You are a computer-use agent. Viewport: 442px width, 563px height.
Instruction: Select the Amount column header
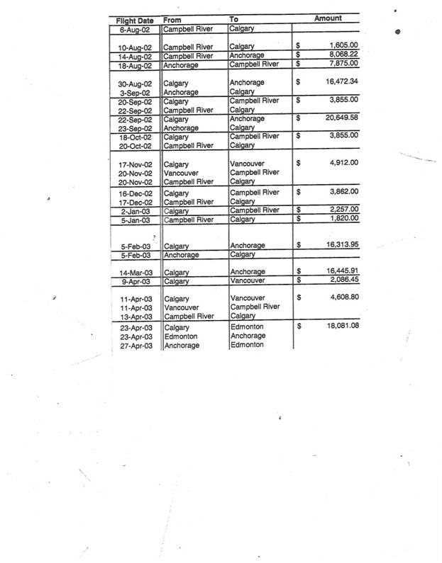coord(329,18)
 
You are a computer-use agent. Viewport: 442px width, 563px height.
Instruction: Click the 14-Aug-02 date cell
coord(136,55)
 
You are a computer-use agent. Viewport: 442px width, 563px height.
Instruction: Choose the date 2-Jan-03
coord(138,210)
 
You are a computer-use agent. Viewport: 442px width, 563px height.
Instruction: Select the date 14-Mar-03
coord(136,272)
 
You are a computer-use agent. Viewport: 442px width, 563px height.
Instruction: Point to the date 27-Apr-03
coord(136,346)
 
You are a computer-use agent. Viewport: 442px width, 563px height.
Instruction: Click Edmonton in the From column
coord(180,336)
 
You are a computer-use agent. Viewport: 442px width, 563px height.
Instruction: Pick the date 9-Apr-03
coord(137,281)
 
